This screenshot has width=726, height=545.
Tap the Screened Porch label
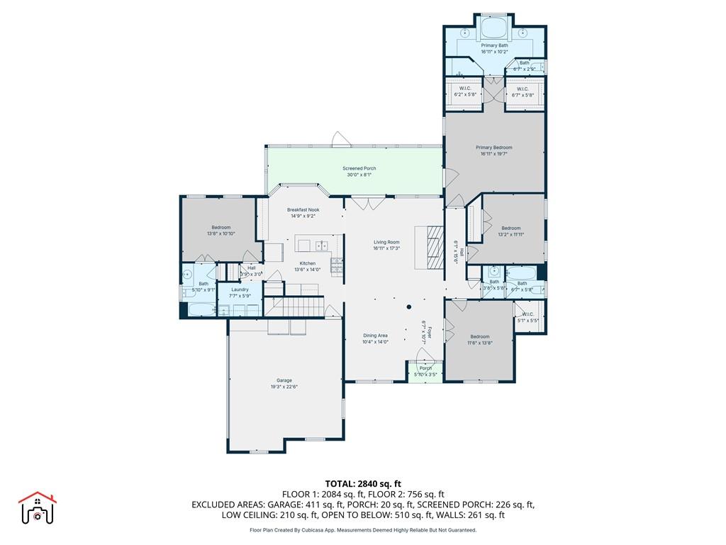coord(359,168)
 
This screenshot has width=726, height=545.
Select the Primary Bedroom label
coord(493,147)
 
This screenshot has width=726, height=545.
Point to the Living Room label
coord(387,242)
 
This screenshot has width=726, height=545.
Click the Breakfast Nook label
coord(303,210)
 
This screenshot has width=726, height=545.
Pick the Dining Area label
coord(375,336)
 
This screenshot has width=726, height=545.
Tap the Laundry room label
coord(240,290)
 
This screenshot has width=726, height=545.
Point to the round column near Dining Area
coord(409,307)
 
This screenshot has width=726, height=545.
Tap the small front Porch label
coord(425,368)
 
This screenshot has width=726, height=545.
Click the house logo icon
coord(37,508)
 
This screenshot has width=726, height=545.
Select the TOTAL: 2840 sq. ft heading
coord(362,484)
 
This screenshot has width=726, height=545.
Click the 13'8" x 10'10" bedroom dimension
coord(220,233)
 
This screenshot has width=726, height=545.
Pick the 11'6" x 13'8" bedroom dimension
coord(479,343)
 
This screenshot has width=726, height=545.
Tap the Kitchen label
coord(307,263)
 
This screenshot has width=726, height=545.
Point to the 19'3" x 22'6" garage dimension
coord(284,387)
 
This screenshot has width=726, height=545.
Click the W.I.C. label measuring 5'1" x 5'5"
coord(528,314)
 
